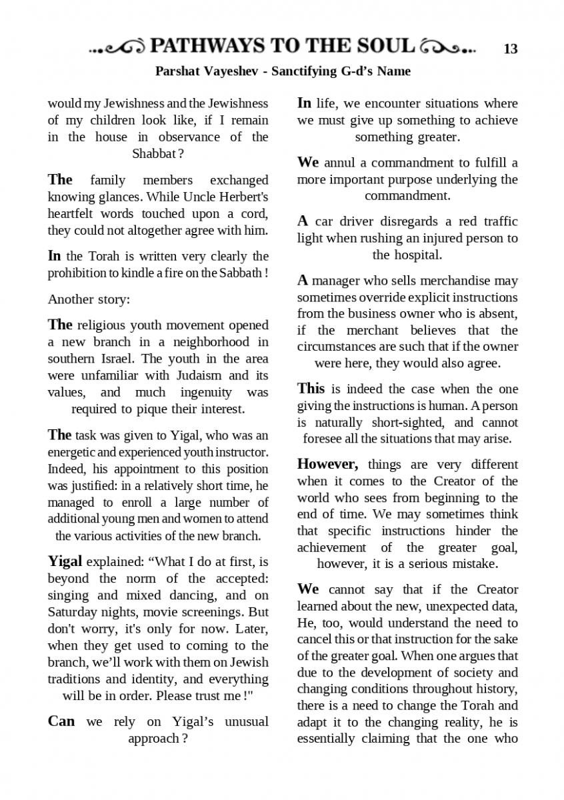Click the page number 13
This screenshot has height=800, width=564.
[511, 49]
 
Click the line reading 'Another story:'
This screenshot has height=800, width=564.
[89, 299]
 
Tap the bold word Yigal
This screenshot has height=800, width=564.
[65, 561]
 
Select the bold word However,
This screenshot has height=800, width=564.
[328, 464]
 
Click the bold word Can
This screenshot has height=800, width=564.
[61, 721]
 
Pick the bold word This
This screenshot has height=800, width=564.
[311, 389]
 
